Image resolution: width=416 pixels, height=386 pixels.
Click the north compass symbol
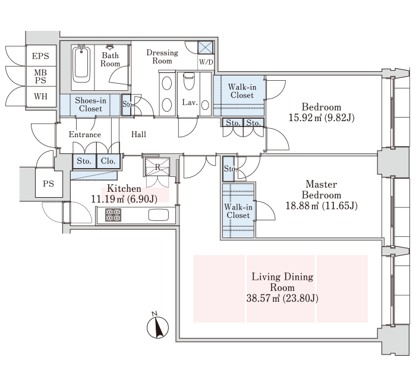pyautogui.click(x=157, y=326)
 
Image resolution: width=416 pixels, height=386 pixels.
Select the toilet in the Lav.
pyautogui.click(x=189, y=81)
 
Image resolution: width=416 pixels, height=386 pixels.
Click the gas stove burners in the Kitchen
pyautogui.click(x=114, y=215)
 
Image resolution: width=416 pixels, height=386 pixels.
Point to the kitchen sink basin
pyautogui.click(x=159, y=215)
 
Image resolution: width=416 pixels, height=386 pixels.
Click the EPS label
pyautogui.click(x=40, y=56)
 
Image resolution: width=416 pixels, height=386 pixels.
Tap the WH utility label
pyautogui.click(x=40, y=96)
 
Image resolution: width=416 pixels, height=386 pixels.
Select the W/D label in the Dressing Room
pyautogui.click(x=206, y=62)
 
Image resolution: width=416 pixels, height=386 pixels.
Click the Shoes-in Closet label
pyautogui.click(x=90, y=105)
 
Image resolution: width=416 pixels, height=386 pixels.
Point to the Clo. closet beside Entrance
pyautogui.click(x=108, y=161)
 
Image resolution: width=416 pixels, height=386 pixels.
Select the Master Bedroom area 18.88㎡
pyautogui.click(x=302, y=205)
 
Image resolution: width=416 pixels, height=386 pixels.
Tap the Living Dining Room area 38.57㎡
pyautogui.click(x=263, y=299)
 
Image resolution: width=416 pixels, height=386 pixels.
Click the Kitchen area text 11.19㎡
pyautogui.click(x=108, y=199)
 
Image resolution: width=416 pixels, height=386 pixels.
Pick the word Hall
pyautogui.click(x=138, y=134)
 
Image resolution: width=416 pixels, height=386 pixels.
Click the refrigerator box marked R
pyautogui.click(x=157, y=167)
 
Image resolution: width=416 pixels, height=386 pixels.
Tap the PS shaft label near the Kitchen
pyautogui.click(x=48, y=183)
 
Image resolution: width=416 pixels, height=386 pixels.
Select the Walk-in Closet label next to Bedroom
pyautogui.click(x=242, y=91)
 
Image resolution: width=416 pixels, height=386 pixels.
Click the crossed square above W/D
pyautogui.click(x=206, y=48)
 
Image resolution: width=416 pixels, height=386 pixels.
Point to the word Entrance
pyautogui.click(x=85, y=134)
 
